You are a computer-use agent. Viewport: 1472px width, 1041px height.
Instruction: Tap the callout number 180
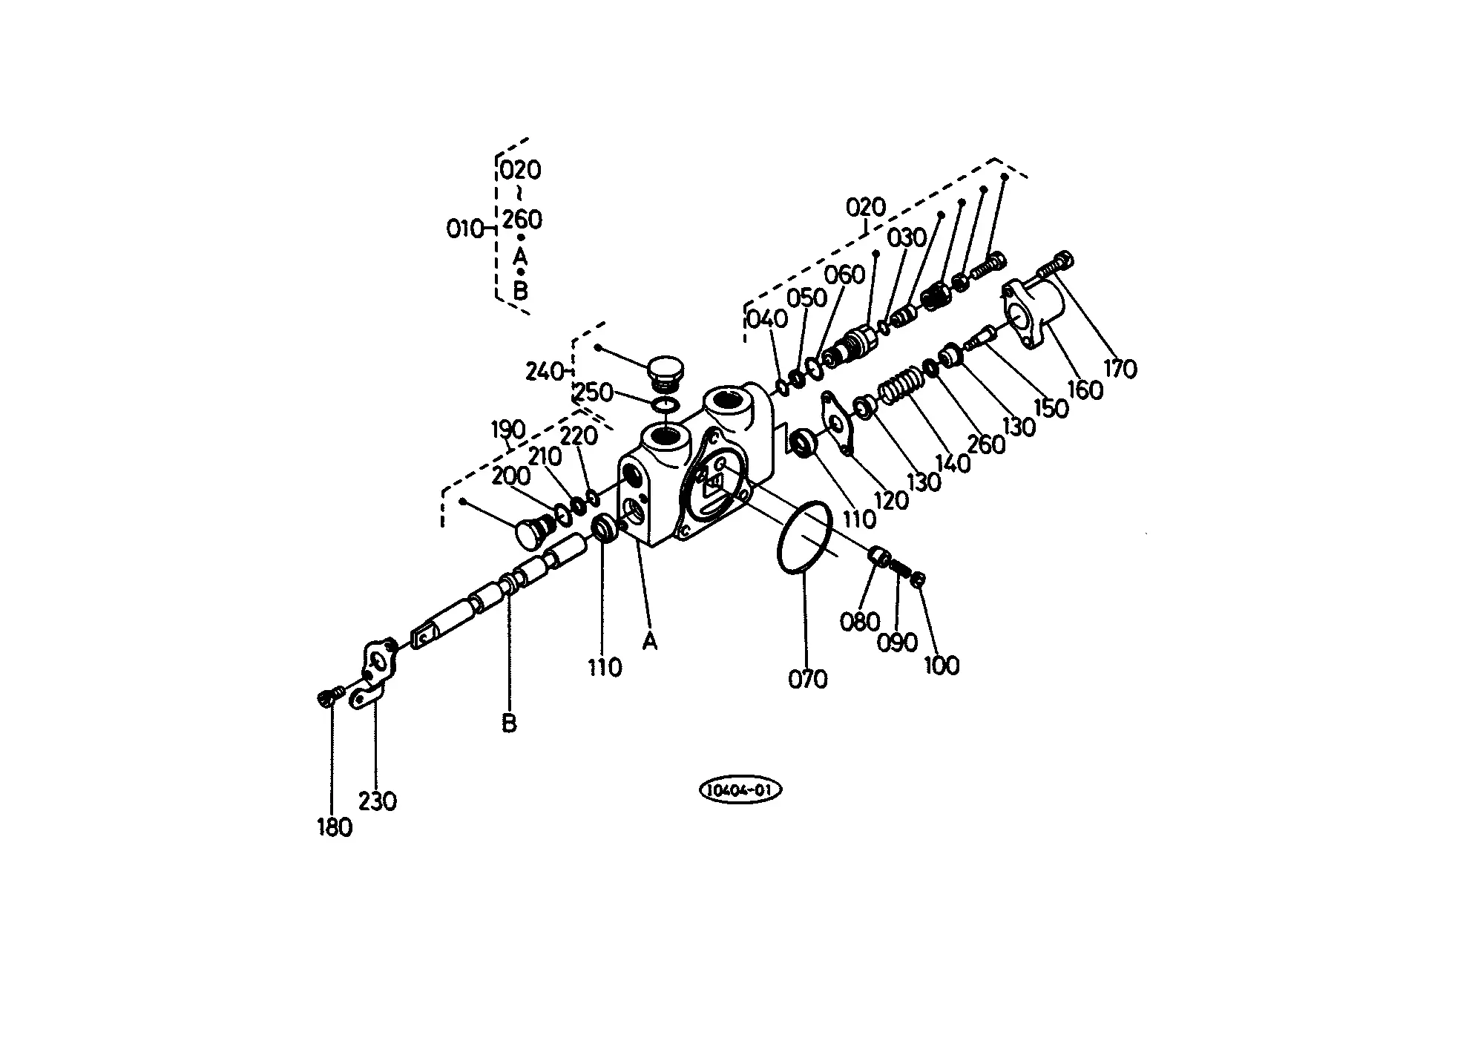coord(335,827)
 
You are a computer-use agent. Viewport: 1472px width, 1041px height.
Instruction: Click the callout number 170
coord(1120,368)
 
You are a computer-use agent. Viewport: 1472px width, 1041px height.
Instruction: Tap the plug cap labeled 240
coord(665,375)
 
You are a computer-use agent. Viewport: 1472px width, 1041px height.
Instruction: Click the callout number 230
coord(378,801)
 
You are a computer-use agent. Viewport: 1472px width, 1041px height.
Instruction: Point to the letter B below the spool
coord(509,723)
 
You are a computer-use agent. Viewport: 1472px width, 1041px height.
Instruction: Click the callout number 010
coord(464,229)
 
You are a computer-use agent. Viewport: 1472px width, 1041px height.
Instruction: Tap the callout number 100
coord(942,665)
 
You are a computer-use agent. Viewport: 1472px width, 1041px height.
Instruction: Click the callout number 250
coord(594,393)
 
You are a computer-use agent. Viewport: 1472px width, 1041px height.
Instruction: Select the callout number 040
coord(767,319)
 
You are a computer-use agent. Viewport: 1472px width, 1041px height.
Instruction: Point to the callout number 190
coord(508,430)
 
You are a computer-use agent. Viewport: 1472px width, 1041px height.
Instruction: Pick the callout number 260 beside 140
coord(986,444)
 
